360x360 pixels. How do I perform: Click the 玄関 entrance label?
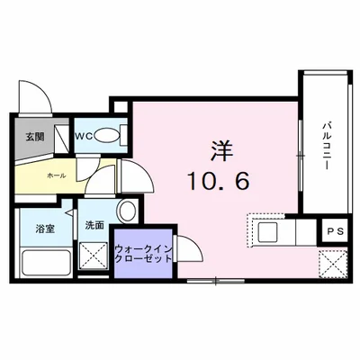[x=34, y=138]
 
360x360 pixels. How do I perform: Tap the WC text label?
[x=83, y=137]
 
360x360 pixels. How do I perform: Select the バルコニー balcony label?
[x=325, y=144]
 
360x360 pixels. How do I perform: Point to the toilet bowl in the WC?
[x=109, y=136]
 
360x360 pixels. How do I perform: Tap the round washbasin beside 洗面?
[x=127, y=212]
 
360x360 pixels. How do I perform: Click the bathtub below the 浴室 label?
[x=49, y=263]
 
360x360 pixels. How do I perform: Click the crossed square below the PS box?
[x=334, y=265]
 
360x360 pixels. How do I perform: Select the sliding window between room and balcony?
[x=300, y=153]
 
